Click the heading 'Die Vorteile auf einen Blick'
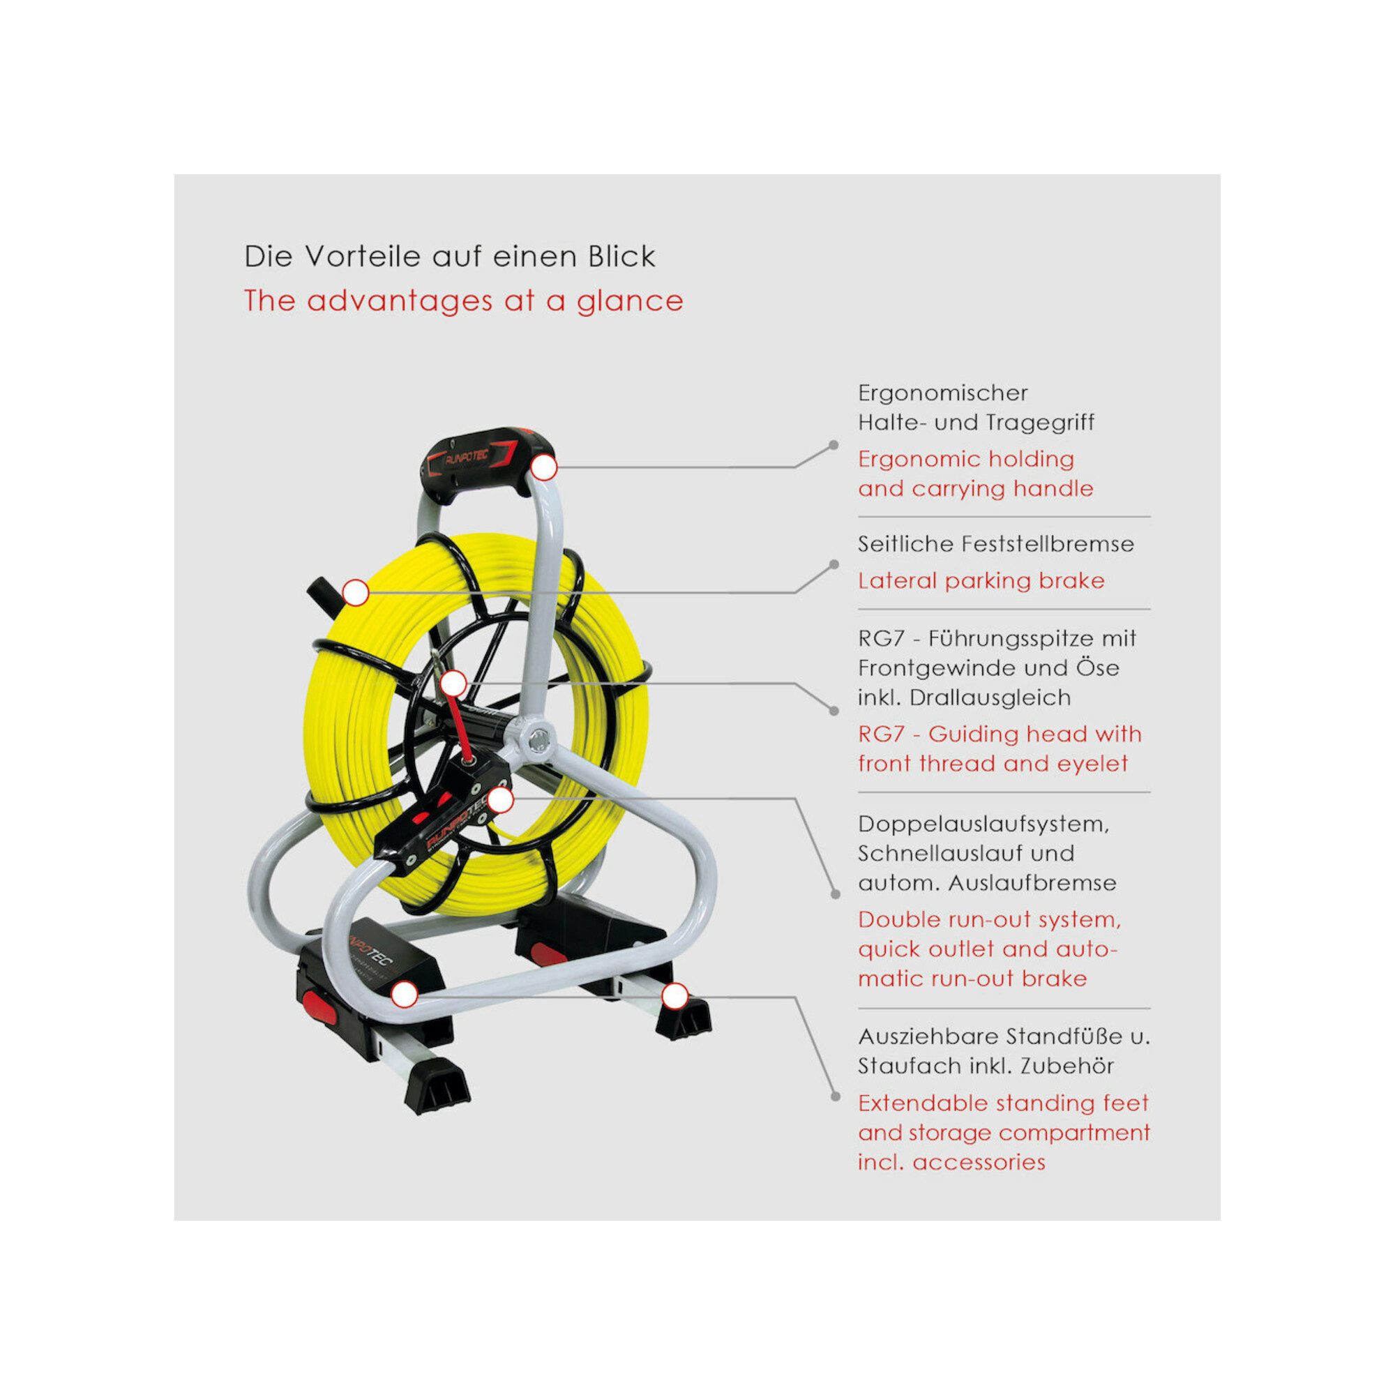pos(449,256)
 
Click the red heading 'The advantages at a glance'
pos(464,301)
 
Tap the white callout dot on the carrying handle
pos(545,468)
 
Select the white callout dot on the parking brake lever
pos(355,593)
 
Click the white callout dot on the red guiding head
pos(453,682)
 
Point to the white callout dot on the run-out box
pos(500,800)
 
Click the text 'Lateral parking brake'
pos(981,581)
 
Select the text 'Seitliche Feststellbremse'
pos(996,544)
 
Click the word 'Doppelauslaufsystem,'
pos(983,824)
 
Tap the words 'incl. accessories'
pos(951,1162)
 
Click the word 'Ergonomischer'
pos(942,393)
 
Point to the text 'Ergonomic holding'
pos(966,460)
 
